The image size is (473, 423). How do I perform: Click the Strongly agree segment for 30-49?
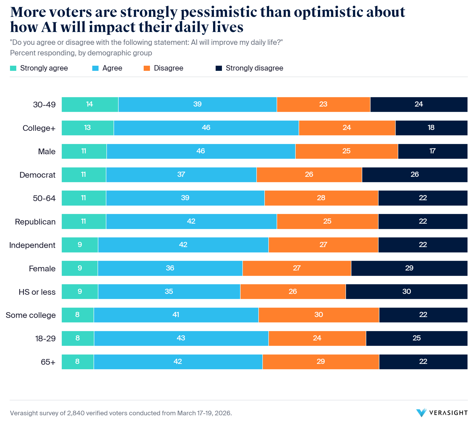pos(90,105)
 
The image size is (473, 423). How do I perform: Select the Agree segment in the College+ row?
pos(206,128)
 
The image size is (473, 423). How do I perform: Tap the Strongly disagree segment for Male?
pos(432,151)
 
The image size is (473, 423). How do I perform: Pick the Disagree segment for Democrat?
pos(309,175)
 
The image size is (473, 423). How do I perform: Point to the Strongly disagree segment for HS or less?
pos(406,292)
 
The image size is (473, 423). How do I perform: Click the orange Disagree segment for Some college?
pos(318,315)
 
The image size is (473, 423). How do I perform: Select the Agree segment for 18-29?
pos(181,338)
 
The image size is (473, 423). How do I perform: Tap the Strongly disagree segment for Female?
pos(409,268)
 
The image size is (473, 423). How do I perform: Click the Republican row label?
pos(35,222)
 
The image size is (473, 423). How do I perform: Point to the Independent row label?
pos(32,245)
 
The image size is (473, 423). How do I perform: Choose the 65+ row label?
pos(48,362)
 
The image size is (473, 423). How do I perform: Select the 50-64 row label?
pos(44,198)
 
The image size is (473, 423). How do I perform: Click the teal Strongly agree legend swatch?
pos(13,68)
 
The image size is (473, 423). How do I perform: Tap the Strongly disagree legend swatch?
pos(219,68)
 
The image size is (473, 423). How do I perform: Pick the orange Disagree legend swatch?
pos(147,68)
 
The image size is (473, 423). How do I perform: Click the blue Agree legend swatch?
pos(95,68)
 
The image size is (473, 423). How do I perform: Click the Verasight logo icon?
pos(421,413)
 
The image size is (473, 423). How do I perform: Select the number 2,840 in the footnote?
pos(75,413)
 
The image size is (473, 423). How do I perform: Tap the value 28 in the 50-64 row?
pos(321,198)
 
